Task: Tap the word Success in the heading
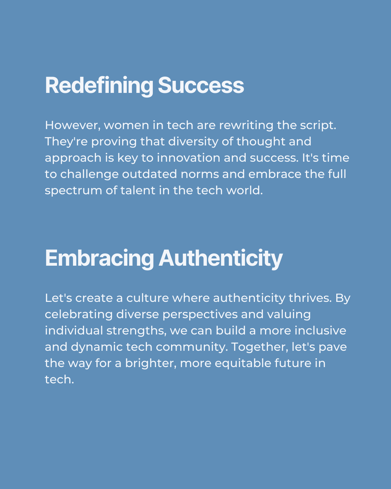point(201,85)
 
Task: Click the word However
point(73,125)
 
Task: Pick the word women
point(126,126)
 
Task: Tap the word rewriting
point(246,126)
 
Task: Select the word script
point(318,126)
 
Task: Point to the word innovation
point(189,158)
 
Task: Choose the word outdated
point(150,174)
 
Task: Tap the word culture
point(148,298)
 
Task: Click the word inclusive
point(320,331)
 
